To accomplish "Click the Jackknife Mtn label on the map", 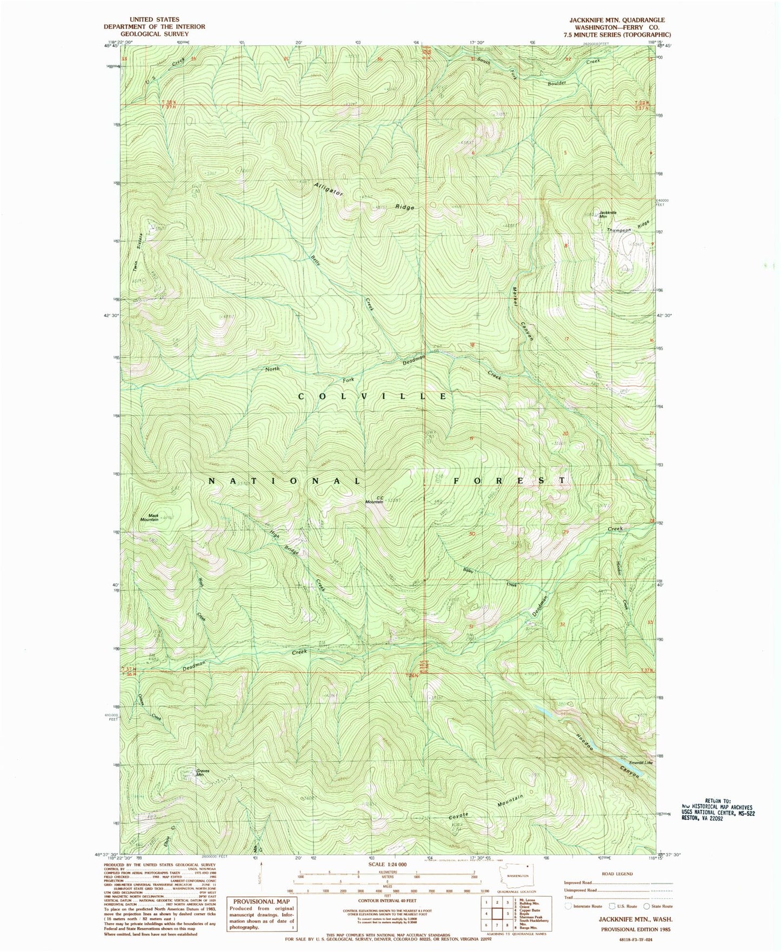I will coord(607,214).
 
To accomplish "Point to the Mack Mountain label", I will coord(150,517).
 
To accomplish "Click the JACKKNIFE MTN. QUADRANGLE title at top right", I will coord(617,19).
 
